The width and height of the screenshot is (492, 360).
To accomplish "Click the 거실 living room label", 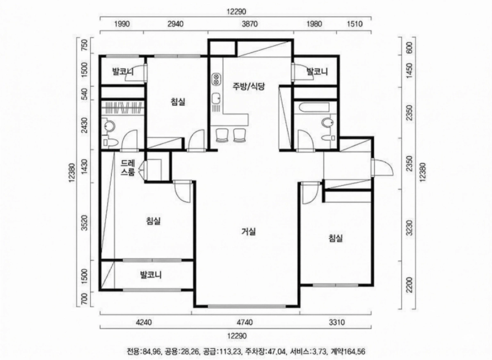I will [x=248, y=232].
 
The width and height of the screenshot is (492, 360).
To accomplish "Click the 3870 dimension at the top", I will [x=248, y=25].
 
